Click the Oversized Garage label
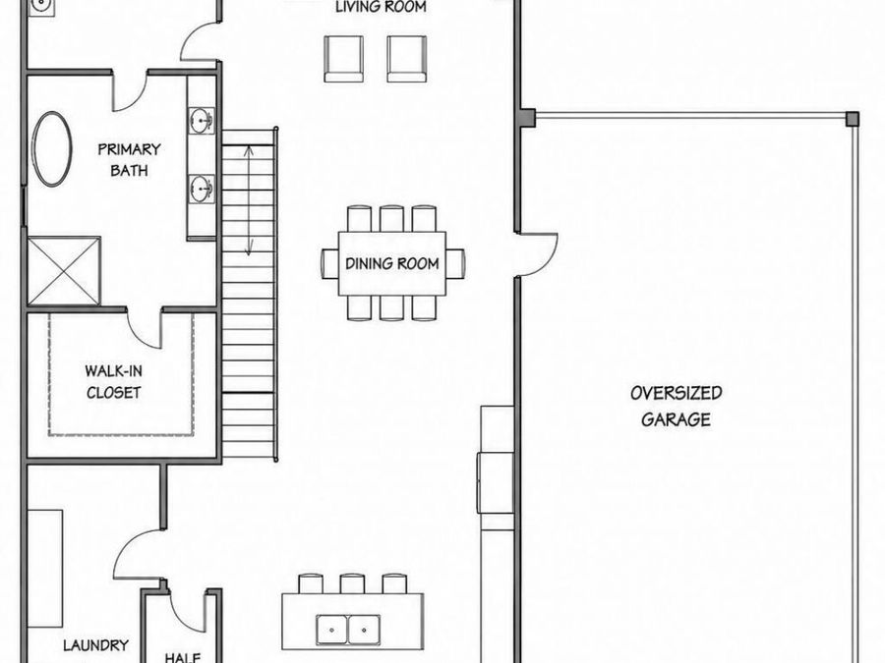coord(677,406)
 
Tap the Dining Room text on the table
coord(392,263)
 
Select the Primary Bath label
coord(129,159)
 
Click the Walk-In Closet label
coord(113,382)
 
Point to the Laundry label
coord(95,645)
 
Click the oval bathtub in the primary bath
coord(52,149)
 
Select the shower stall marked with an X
coord(64,271)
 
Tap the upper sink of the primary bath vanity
coord(201,121)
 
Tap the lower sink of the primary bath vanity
coord(201,189)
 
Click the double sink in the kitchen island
coord(348,630)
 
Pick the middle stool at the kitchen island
coord(352,583)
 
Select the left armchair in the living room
coord(344,59)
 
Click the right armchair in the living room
coord(407,59)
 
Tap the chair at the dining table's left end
coord(329,263)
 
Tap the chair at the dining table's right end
coord(455,263)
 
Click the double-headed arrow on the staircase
coord(249,200)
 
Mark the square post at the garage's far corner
coord(853,119)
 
